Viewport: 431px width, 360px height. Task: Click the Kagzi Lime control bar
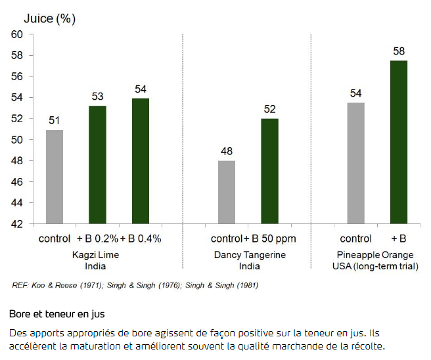[55, 177]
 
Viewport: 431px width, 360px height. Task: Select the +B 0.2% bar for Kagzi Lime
[97, 165]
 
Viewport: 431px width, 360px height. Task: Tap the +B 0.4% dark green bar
[141, 161]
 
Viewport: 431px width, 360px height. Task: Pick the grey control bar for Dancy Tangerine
[227, 192]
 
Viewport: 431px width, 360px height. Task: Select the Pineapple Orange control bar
[355, 163]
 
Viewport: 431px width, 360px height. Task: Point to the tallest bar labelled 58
[399, 142]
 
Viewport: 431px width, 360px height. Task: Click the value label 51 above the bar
[55, 120]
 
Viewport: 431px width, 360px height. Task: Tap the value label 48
[227, 151]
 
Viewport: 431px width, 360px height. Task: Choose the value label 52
[269, 109]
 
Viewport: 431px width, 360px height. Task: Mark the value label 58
[399, 51]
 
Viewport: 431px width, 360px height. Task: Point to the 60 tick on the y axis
[16, 35]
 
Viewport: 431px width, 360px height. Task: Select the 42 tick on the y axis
[16, 224]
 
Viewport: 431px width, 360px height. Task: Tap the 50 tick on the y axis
[16, 140]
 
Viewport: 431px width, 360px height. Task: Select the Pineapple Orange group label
[377, 255]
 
